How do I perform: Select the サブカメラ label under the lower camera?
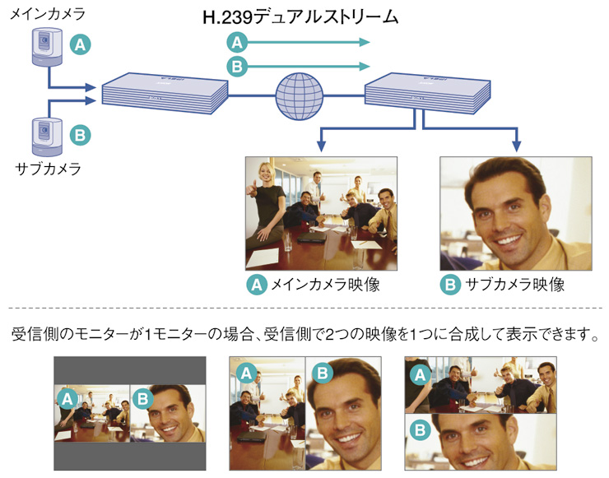[x=48, y=169]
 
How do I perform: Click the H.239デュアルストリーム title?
[x=300, y=16]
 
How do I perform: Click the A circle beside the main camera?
[x=79, y=45]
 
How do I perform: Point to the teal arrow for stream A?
[x=309, y=42]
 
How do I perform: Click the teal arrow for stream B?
[x=309, y=67]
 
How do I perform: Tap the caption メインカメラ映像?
[x=330, y=285]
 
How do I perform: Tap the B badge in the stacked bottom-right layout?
[x=420, y=429]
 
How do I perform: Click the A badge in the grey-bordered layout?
[x=67, y=400]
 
